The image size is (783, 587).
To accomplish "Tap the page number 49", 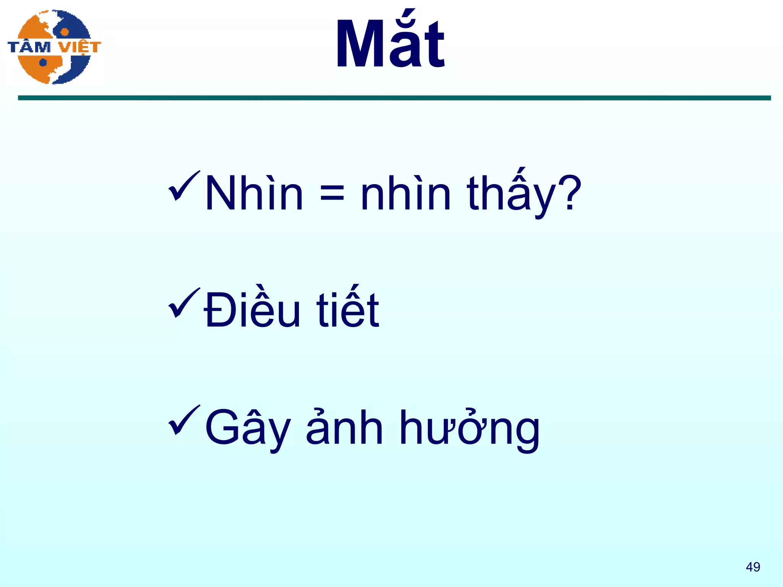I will [753, 567].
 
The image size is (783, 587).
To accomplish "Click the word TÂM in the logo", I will [29, 47].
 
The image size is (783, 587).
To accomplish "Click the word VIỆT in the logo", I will [80, 47].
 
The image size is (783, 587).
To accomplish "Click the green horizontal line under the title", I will [394, 98].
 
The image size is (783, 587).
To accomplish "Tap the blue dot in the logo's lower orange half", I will [43, 62].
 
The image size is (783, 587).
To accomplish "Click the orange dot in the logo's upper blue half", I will [65, 32].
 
